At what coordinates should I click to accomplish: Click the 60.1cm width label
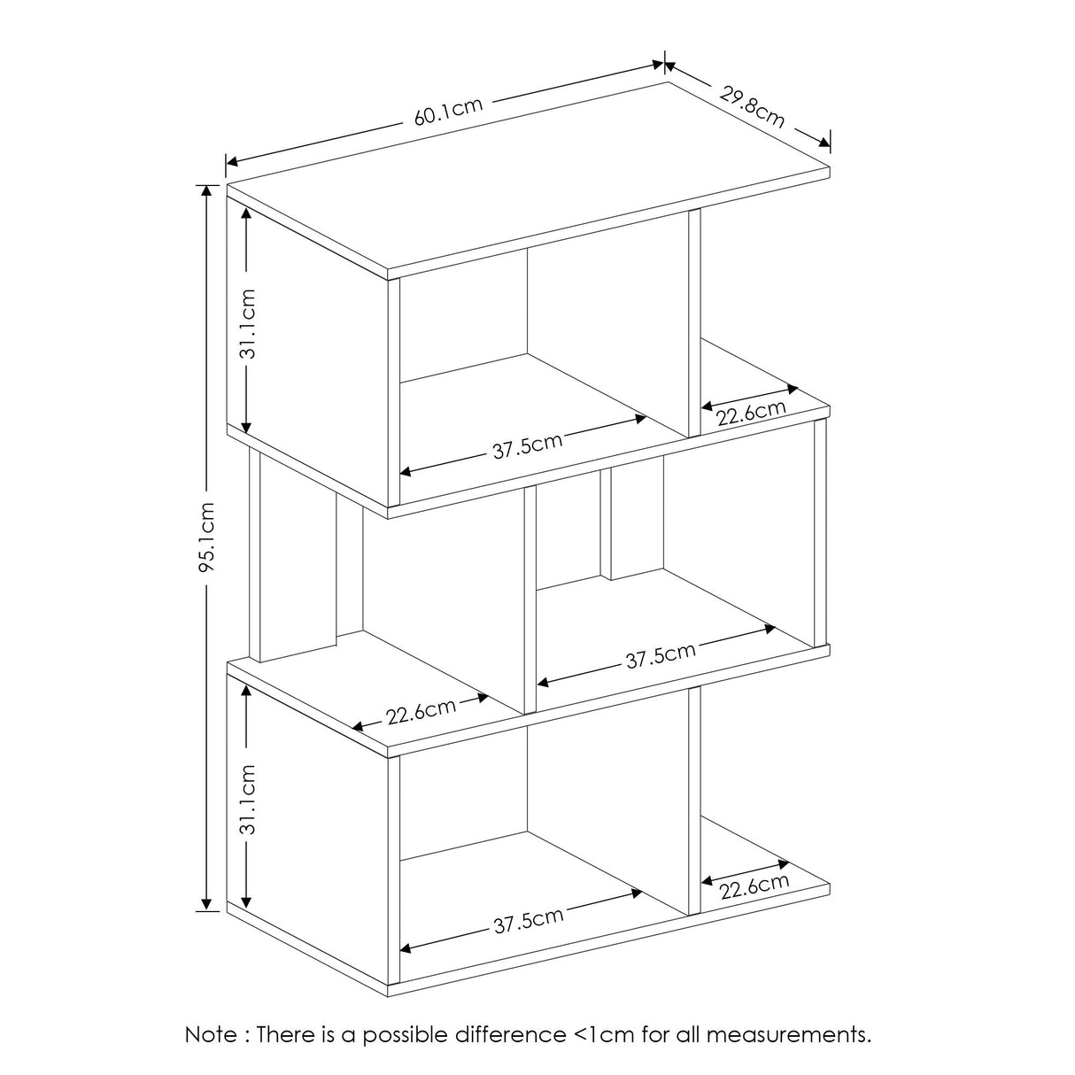pyautogui.click(x=448, y=112)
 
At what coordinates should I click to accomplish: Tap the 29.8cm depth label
pyautogui.click(x=751, y=105)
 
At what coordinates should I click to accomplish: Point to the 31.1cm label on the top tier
pyautogui.click(x=248, y=323)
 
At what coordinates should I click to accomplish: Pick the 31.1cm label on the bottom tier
pyautogui.click(x=248, y=800)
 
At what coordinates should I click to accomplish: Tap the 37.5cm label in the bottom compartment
pyautogui.click(x=529, y=922)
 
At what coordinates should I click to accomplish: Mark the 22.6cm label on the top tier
pyautogui.click(x=752, y=414)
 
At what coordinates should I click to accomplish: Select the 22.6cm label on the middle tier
pyautogui.click(x=421, y=711)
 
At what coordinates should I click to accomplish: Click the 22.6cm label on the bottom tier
pyautogui.click(x=754, y=886)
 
